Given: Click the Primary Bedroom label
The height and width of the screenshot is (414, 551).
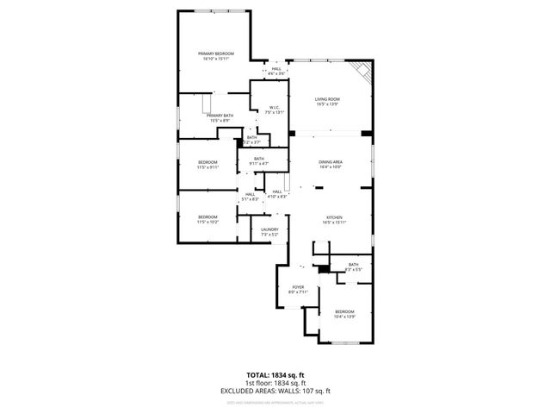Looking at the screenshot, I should [x=215, y=56].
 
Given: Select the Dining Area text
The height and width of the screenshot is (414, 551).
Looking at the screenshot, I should [x=331, y=164].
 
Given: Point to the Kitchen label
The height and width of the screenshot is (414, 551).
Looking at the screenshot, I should [x=334, y=219].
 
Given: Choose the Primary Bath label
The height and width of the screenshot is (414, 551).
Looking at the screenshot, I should [x=220, y=117].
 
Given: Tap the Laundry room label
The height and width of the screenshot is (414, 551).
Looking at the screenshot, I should [x=269, y=231].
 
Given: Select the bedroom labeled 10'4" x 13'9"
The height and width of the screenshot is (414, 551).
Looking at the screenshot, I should [x=344, y=313].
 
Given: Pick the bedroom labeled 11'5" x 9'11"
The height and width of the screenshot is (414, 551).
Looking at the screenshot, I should [x=207, y=164].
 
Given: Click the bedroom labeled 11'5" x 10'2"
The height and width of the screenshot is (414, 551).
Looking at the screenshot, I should [x=207, y=219].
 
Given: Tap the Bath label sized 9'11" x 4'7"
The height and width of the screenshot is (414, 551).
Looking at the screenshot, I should [x=259, y=160].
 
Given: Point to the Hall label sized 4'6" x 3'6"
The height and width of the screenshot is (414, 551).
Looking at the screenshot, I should [x=276, y=71].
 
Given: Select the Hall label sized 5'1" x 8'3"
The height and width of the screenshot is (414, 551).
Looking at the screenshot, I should [x=250, y=197].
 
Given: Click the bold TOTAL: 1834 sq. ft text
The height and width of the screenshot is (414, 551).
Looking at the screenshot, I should [x=275, y=375].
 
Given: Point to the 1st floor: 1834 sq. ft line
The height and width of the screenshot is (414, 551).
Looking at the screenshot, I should [x=275, y=383].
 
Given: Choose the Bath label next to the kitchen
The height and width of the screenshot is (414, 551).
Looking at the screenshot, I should [x=353, y=267].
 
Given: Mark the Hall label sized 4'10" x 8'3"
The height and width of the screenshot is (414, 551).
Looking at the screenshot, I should [x=277, y=194].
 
